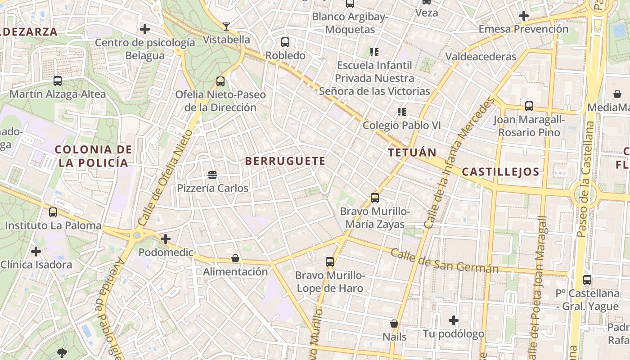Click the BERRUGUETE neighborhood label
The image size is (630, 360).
[x=285, y=161]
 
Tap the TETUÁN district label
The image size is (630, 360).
[x=412, y=153]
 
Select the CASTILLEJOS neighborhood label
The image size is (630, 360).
[x=500, y=172]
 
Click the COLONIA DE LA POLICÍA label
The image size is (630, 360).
[x=94, y=156]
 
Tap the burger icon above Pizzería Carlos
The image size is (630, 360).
[x=212, y=175]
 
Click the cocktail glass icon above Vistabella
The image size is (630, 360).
[x=226, y=27]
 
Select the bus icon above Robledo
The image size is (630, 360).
[x=285, y=42]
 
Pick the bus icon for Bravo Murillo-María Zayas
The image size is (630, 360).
[x=375, y=198]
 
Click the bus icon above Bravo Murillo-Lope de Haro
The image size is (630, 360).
[x=330, y=261]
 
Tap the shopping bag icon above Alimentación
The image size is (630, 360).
[x=235, y=258]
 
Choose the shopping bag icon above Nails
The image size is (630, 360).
[x=394, y=324]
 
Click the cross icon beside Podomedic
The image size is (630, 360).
[x=166, y=239]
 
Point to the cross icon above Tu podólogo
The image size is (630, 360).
[x=454, y=320]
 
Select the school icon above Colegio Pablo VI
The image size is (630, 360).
[x=401, y=112]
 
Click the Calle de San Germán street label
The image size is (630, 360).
[x=444, y=261]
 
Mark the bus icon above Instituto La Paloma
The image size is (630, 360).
[x=53, y=212]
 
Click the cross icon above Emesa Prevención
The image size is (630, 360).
[x=523, y=16]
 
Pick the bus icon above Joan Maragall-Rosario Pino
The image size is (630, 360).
[x=529, y=106]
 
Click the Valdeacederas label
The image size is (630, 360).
[x=481, y=57]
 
